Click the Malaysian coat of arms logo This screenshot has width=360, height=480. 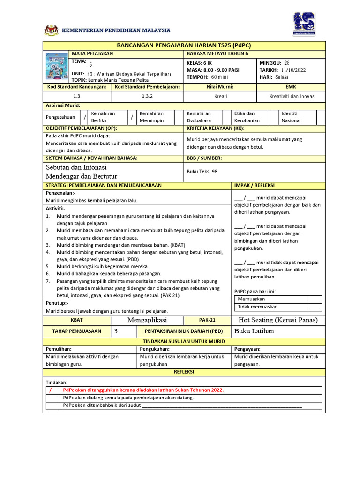(x=52, y=30)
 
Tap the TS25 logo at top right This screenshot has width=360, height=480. (x=303, y=24)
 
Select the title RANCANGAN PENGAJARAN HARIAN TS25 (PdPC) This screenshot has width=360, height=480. (x=184, y=45)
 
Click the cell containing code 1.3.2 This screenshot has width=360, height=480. (x=147, y=96)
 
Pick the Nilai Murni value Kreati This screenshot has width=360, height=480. (x=220, y=96)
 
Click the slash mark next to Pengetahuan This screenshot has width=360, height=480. (x=85, y=117)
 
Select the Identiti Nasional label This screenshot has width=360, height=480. (x=292, y=117)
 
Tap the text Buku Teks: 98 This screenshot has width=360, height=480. (x=202, y=172)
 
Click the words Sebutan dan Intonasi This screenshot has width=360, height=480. (x=76, y=167)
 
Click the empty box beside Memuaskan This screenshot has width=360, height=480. (x=315, y=299)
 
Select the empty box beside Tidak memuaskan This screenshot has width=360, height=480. (x=315, y=307)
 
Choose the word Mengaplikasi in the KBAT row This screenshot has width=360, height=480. (x=147, y=320)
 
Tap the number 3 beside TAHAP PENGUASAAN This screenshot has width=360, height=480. (x=116, y=331)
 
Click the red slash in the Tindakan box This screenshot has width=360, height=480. (x=51, y=390)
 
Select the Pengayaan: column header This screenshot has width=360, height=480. (x=247, y=349)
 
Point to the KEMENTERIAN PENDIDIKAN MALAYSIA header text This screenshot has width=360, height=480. (x=116, y=30)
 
